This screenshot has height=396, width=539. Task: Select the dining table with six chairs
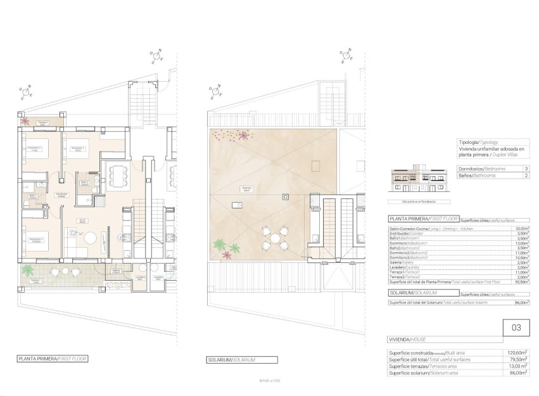click(118, 175)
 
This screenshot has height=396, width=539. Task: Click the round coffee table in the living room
click(92, 238)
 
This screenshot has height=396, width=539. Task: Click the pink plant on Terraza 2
click(25, 120)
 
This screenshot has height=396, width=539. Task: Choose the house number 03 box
click(516, 328)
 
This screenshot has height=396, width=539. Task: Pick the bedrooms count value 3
click(526, 169)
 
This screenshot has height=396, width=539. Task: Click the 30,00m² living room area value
click(522, 229)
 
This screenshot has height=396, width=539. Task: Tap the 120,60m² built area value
click(521, 353)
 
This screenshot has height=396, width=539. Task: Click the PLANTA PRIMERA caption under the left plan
click(53, 359)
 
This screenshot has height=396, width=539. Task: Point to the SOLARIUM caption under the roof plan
click(232, 360)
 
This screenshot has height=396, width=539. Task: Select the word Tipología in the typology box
click(467, 144)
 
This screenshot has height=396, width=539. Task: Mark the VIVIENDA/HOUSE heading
click(408, 340)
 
